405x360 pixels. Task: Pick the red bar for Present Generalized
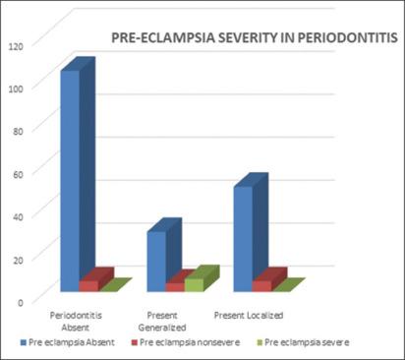(174, 285)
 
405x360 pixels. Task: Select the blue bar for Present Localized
(243, 236)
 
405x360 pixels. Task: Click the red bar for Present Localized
(261, 284)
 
